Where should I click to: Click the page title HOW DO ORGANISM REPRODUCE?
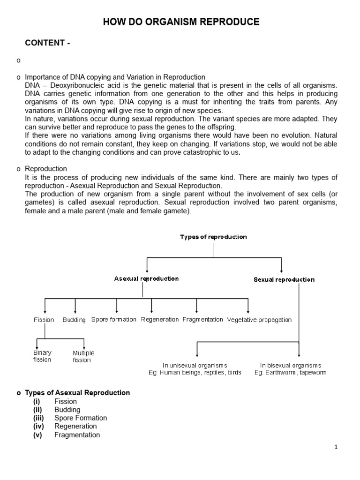pyautogui.click(x=181, y=22)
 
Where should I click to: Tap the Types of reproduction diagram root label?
pyautogui.click(x=213, y=237)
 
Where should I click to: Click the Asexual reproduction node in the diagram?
pyautogui.click(x=146, y=278)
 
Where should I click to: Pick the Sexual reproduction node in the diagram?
pyautogui.click(x=284, y=279)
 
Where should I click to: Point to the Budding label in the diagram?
pyautogui.click(x=74, y=320)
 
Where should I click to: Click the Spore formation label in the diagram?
pyautogui.click(x=114, y=319)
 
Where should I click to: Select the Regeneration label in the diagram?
pyautogui.click(x=160, y=319)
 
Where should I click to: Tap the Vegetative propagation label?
pyautogui.click(x=259, y=320)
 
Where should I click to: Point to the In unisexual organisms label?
pyautogui.click(x=195, y=365)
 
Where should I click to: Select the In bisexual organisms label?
pyautogui.click(x=291, y=365)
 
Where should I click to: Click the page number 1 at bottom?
pyautogui.click(x=336, y=447)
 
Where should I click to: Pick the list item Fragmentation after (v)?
pyautogui.click(x=77, y=435)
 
